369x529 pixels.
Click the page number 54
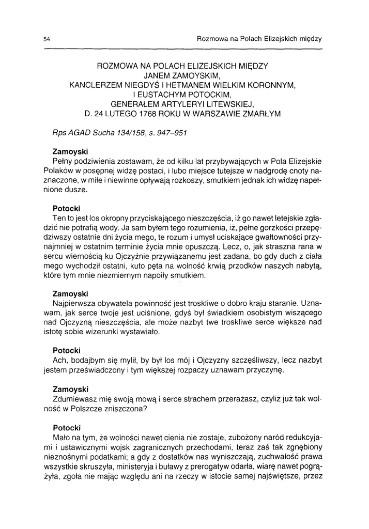[x=47, y=39]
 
